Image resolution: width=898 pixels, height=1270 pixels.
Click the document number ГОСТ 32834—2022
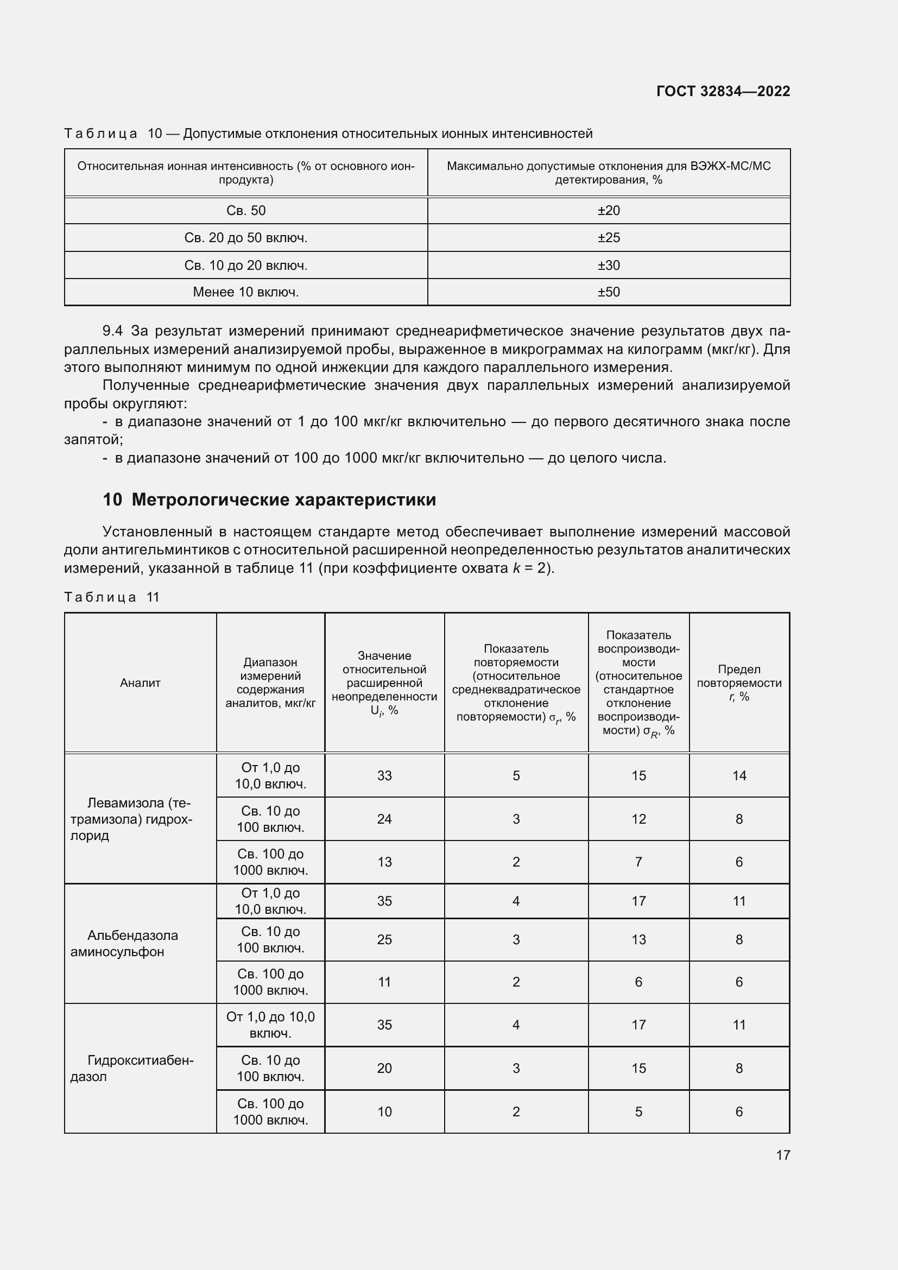[x=723, y=91]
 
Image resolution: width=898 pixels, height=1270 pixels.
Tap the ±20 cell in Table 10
[x=608, y=211]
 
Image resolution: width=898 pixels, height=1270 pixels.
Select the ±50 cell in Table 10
[x=608, y=292]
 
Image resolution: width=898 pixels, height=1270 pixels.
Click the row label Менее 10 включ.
[x=245, y=292]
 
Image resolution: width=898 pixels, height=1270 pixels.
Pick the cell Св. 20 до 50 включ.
[x=245, y=238]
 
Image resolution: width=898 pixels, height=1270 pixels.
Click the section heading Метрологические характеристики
[x=283, y=500]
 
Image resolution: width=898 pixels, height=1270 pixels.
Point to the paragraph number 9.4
[x=112, y=331]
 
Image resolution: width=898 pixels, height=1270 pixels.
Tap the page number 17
[x=782, y=1155]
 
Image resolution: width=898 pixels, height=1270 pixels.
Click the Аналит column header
[x=140, y=683]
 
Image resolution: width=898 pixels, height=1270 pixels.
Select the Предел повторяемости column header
[x=739, y=683]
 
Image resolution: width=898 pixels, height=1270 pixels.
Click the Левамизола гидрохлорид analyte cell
[x=132, y=819]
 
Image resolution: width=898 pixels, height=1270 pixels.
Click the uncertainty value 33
[x=384, y=775]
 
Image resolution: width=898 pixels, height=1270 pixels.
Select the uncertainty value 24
[x=384, y=819]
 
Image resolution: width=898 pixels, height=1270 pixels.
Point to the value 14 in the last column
[x=739, y=775]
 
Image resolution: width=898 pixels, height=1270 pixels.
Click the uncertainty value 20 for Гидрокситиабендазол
[x=384, y=1068]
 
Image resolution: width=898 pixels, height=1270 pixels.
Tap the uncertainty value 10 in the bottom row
[x=384, y=1112]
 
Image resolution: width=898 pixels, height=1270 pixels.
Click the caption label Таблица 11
[x=112, y=597]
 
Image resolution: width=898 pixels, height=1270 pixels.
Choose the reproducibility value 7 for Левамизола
[x=638, y=862]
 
